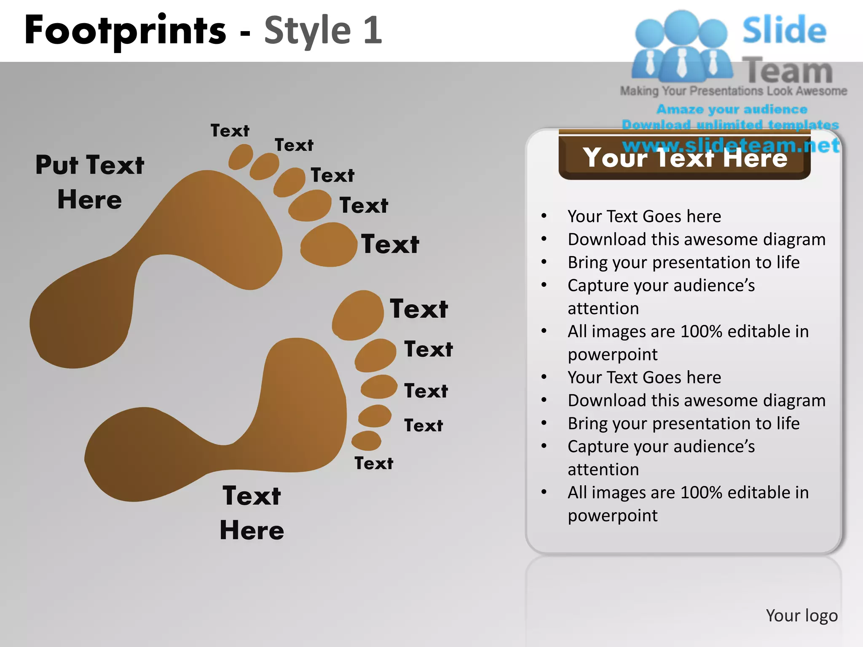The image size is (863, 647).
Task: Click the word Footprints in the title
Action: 126,30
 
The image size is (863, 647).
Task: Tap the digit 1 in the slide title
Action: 373,30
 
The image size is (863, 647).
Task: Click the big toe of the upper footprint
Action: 329,245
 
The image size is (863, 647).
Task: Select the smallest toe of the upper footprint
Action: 241,157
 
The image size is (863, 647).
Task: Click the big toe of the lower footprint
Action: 358,315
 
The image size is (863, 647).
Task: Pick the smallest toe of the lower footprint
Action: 366,441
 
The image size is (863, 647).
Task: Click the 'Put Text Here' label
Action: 90,182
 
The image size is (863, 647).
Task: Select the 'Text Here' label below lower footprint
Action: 252,513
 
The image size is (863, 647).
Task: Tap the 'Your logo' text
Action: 801,615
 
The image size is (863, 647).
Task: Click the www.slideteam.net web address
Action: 731,145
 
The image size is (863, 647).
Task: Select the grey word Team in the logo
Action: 787,71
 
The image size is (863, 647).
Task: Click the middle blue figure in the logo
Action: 682,46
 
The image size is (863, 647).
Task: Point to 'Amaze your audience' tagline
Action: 732,109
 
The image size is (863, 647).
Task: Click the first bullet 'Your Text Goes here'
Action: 644,216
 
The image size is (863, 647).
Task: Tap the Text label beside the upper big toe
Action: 390,244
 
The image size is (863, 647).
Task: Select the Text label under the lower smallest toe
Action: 374,463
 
